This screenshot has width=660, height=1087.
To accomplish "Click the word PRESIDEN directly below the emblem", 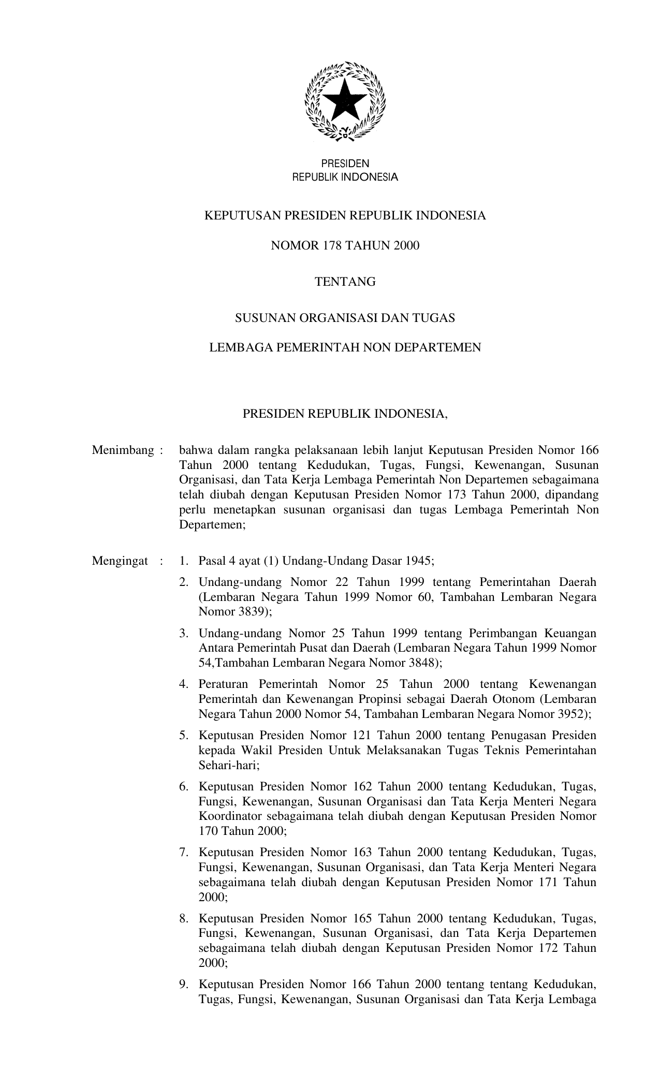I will (x=345, y=164).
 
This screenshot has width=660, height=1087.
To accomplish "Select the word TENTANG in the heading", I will (x=345, y=282).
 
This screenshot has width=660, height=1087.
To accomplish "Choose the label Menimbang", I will (x=123, y=450).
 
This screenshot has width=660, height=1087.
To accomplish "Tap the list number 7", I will (x=183, y=852).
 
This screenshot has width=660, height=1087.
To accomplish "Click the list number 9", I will (x=183, y=984).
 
